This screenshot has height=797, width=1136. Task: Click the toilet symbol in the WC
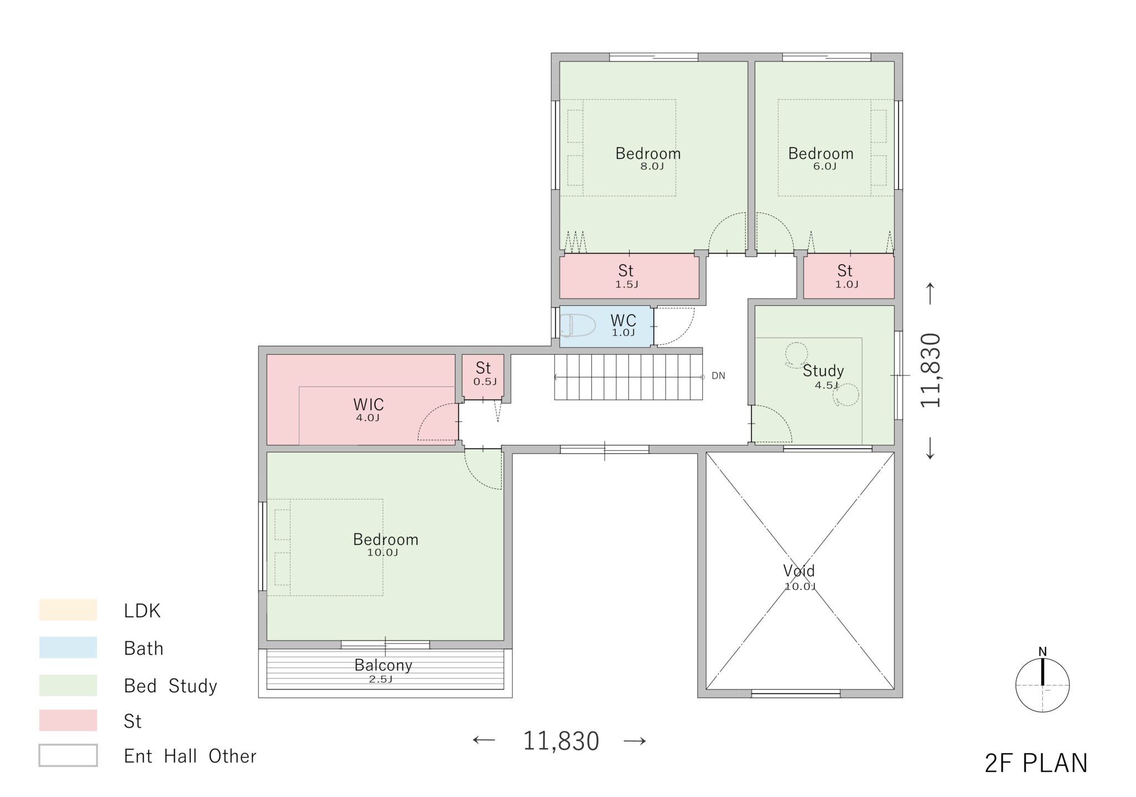click(577, 325)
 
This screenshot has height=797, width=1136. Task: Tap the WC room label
click(623, 321)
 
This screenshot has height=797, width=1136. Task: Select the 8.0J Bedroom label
click(648, 154)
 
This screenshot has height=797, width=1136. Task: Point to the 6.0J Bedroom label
click(821, 154)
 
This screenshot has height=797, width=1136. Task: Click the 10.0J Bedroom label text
click(386, 539)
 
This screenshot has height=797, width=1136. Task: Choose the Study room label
click(823, 371)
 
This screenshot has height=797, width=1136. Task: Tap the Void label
click(799, 571)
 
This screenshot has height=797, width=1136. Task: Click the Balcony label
click(383, 665)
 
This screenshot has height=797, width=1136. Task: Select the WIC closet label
click(368, 405)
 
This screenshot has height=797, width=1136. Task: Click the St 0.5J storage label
click(483, 368)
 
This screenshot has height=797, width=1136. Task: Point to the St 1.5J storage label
click(626, 271)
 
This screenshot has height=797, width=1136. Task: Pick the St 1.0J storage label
click(845, 271)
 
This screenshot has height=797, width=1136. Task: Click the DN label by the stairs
click(718, 376)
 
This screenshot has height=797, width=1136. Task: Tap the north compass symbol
click(1042, 685)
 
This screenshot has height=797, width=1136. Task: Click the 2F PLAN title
click(1036, 763)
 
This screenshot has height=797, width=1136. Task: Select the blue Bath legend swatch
click(68, 647)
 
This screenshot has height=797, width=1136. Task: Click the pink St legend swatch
click(68, 720)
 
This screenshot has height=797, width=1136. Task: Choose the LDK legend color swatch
click(68, 609)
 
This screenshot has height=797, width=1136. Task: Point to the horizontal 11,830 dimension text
click(561, 741)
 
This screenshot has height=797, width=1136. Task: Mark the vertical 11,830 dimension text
click(930, 371)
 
